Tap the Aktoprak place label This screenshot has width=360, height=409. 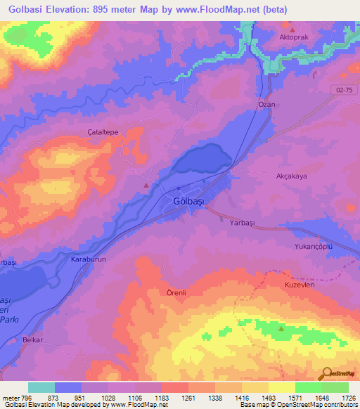click(x=295, y=36)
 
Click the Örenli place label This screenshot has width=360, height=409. click(x=177, y=292)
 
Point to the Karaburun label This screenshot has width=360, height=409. click(x=89, y=259)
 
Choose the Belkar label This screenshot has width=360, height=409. click(x=32, y=339)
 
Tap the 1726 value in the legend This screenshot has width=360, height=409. click(x=349, y=398)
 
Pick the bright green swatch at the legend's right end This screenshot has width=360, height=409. click(x=335, y=387)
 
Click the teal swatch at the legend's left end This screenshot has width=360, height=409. click(x=41, y=387)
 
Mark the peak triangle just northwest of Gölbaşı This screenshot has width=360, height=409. click(x=146, y=186)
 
